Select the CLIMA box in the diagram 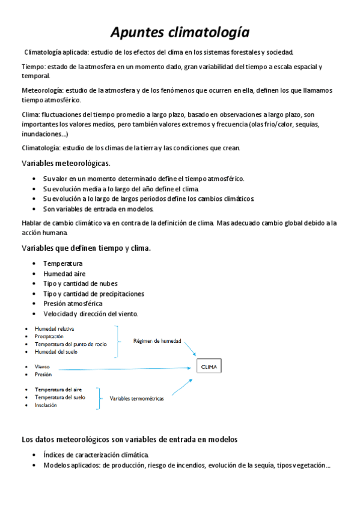[209, 366]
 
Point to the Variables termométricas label [136, 398]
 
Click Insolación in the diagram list [46, 405]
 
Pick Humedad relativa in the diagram [55, 329]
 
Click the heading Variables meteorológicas [66, 163]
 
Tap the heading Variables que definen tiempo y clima [86, 248]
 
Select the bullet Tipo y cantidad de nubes [81, 283]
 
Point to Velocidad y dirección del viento [91, 313]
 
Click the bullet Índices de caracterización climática [95, 455]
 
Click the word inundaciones [43, 134]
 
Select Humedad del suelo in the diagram [56, 352]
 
